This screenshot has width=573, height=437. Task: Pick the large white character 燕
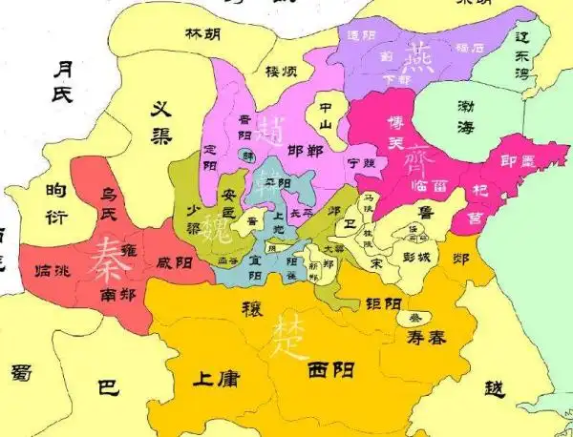click(417, 58)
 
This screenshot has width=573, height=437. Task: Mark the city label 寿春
click(425, 337)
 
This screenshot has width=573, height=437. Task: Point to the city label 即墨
click(520, 163)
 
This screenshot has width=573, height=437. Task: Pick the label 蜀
click(21, 374)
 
